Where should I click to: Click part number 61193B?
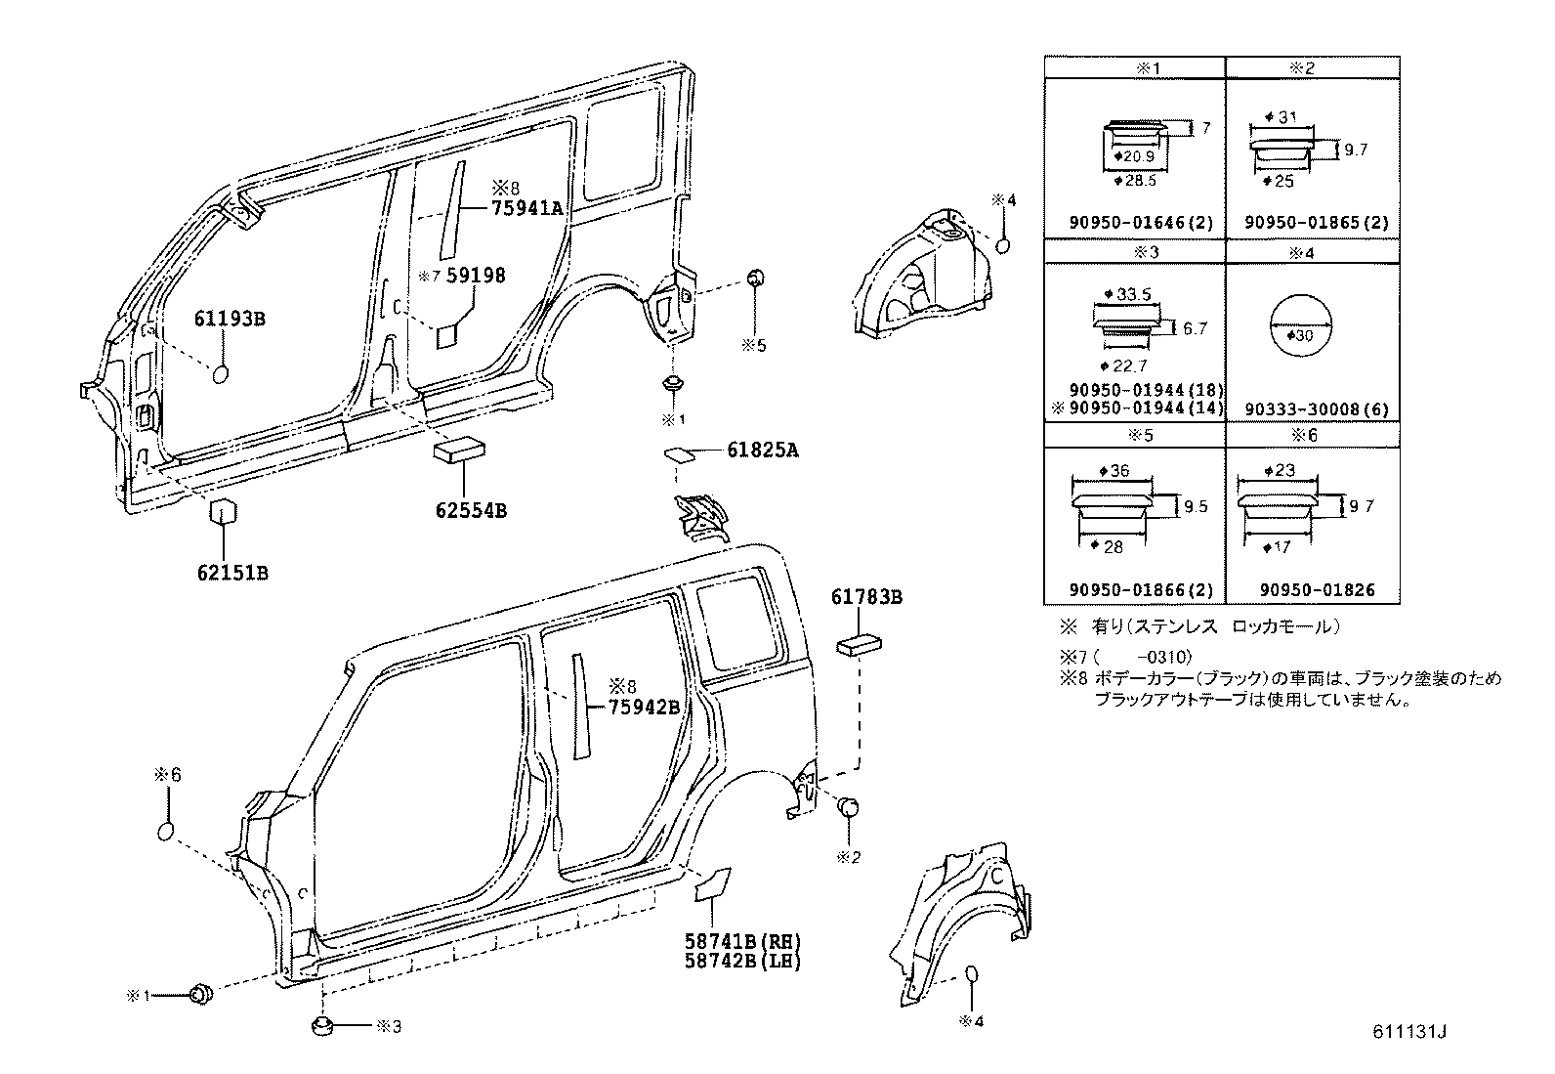pyautogui.click(x=231, y=320)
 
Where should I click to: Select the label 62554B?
pyautogui.click(x=471, y=510)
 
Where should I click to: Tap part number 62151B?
pyautogui.click(x=232, y=573)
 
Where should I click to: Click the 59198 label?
pyautogui.click(x=476, y=276)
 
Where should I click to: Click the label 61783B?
pyautogui.click(x=866, y=596)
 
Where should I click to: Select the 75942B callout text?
pyautogui.click(x=644, y=707)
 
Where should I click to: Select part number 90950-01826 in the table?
pyautogui.click(x=1309, y=590)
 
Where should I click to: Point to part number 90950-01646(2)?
pyautogui.click(x=1133, y=223)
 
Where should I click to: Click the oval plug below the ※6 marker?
pyautogui.click(x=167, y=832)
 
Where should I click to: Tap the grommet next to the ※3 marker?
pyautogui.click(x=323, y=1025)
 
